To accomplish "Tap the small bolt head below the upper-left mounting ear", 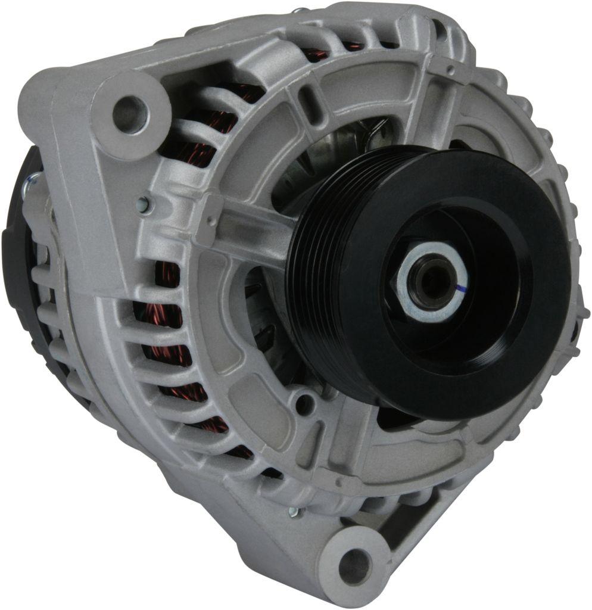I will point(143,204).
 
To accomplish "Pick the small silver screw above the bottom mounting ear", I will point(293,511).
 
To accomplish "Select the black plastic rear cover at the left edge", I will point(15,250).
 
